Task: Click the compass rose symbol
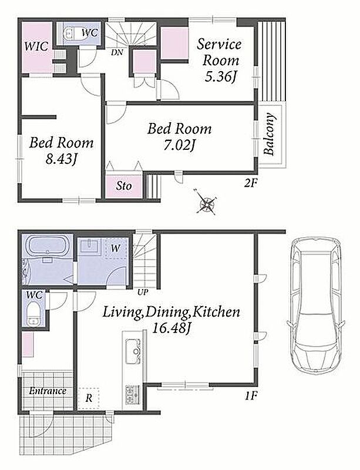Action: coord(207,202)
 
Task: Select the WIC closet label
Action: coord(36,46)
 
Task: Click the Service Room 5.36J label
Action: coord(220,61)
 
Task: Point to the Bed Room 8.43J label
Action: coord(62,150)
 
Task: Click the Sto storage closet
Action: coord(124,186)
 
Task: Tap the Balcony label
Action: coord(270,134)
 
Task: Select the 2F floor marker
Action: coord(251,183)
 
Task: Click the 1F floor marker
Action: coord(251,396)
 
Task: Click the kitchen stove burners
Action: coord(133,394)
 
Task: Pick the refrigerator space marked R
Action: coord(89,399)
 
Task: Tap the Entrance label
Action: coord(48,391)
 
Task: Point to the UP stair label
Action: coord(143,293)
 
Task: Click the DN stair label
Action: coord(117,53)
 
